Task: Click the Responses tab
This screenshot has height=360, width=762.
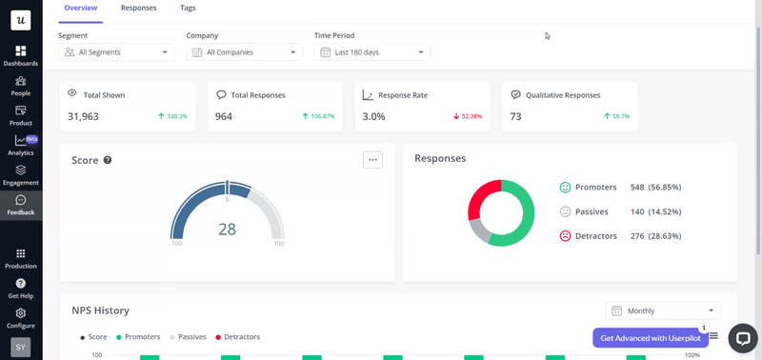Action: pos(138,8)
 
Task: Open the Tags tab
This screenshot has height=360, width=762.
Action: pos(188,8)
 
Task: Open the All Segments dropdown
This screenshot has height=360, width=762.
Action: pos(116,52)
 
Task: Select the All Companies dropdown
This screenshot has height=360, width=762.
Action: pos(244,52)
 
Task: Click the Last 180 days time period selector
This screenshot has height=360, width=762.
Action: pos(372,52)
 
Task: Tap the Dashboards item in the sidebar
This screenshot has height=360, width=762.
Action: pos(21,55)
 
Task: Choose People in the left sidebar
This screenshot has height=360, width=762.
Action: pos(21,86)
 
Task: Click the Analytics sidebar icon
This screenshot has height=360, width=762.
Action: pos(21,145)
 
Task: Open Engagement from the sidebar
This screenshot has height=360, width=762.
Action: pos(21,175)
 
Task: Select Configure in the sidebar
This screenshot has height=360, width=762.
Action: pos(21,317)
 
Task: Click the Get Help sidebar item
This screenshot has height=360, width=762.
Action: pos(21,288)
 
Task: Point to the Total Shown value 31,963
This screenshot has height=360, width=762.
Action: pos(84,116)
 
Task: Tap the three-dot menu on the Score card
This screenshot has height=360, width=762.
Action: pos(372,159)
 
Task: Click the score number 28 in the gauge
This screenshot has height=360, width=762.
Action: pos(227,229)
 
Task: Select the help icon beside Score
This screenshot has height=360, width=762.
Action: pos(108,160)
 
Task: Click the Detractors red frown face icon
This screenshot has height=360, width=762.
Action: pos(565,235)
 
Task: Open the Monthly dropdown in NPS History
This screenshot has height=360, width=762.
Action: pos(663,310)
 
